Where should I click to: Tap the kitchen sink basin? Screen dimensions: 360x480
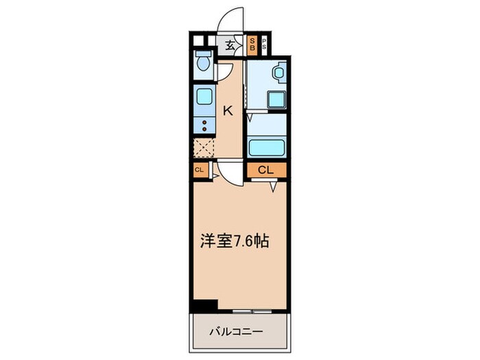tap(204, 96)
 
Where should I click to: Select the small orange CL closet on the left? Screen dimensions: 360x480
tap(199, 170)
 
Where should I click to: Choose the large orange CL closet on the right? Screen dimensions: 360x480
tap(266, 170)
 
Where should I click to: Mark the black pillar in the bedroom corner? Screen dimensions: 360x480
tap(204, 306)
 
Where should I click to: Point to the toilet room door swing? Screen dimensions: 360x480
tap(224, 71)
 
